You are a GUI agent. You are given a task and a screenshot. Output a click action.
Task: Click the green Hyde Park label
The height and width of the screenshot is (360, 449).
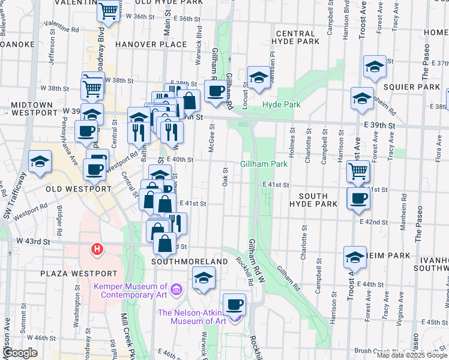pos(280,105)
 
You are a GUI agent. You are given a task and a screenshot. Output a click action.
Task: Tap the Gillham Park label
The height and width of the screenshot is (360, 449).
pos(264,164)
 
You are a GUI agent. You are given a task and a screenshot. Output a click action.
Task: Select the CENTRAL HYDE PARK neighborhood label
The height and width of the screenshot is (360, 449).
pos(294,37)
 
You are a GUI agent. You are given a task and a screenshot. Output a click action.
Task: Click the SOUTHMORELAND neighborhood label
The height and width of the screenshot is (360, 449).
pos(190,262)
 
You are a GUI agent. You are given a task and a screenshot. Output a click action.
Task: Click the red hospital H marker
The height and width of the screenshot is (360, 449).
pos(96,248)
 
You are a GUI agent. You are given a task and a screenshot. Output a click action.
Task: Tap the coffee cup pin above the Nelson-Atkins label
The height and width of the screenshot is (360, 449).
pos(235,304)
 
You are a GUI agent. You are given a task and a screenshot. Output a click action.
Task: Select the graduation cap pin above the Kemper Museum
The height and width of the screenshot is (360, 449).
pos(204,278)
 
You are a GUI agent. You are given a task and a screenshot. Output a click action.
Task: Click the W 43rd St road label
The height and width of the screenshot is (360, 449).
pos(32,241)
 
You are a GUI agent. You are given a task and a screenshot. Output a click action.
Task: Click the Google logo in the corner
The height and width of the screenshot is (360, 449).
pos(20,353)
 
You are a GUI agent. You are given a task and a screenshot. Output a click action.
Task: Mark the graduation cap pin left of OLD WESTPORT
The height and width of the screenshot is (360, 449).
pos(40,162)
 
